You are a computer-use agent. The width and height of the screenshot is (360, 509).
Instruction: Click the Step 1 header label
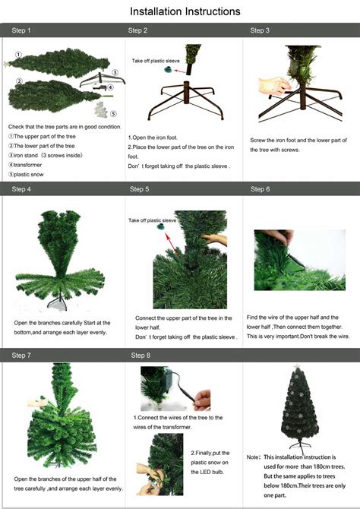point(22,31)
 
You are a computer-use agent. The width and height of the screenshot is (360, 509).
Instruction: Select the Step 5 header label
point(139,188)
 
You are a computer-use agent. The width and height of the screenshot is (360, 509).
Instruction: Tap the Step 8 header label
point(141,355)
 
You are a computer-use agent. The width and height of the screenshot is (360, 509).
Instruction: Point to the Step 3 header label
point(260,31)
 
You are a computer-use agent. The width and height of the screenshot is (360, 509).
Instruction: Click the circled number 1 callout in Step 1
point(18,54)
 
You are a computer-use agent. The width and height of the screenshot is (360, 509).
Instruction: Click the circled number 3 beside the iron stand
point(114,72)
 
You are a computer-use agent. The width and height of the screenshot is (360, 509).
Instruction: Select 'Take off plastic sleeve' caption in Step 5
point(152,220)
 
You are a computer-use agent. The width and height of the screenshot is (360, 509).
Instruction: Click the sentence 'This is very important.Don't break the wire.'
point(298,335)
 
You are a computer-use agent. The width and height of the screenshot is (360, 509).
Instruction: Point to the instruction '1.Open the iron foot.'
point(157,138)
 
